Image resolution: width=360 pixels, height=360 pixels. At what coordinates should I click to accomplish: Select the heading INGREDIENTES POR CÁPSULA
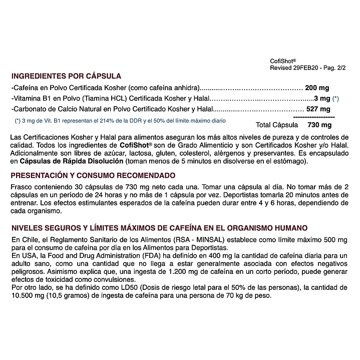tap(66, 76)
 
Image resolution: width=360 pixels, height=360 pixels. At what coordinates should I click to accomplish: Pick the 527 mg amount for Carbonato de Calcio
tap(318, 109)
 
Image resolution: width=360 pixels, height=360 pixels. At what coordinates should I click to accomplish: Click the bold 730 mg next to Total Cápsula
tap(319, 125)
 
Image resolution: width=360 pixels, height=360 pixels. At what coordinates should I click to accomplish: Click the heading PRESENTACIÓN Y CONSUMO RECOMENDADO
tap(93, 175)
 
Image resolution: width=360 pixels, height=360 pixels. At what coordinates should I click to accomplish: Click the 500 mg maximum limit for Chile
tap(336, 239)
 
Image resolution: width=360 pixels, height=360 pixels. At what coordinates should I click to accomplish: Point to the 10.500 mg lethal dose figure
tap(25, 295)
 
